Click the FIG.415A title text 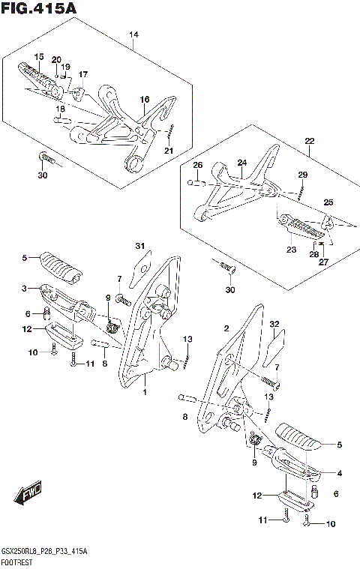tap(38, 8)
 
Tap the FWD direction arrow tap(28, 493)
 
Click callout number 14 tap(133, 34)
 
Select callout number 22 tap(310, 141)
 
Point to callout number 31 tap(140, 246)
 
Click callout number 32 tap(274, 324)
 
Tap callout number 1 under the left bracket tap(145, 392)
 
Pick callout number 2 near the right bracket tap(226, 329)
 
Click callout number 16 tap(145, 100)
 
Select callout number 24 tap(242, 163)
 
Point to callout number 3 tap(24, 289)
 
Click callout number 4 tap(340, 473)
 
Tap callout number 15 tap(39, 57)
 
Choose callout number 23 tap(292, 250)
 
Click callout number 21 tap(169, 151)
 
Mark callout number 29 tap(303, 175)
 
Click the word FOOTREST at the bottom tap(16, 563)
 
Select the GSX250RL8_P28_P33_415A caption tap(44, 553)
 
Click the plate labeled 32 tap(274, 349)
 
